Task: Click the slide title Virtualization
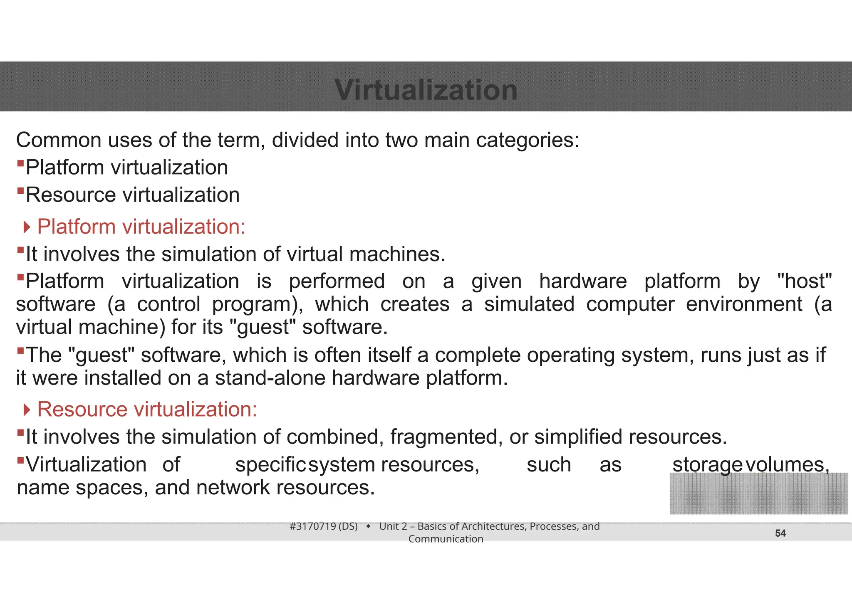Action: (x=426, y=90)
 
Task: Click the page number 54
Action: (x=780, y=533)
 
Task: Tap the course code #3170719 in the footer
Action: (x=312, y=526)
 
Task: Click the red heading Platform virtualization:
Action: (x=141, y=227)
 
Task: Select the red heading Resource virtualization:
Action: (x=147, y=410)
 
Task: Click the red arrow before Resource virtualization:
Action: (x=27, y=410)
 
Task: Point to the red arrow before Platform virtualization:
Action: (x=27, y=227)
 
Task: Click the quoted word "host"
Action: (x=804, y=281)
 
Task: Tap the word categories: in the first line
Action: (x=528, y=140)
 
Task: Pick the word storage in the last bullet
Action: (x=707, y=465)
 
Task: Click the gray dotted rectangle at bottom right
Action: (x=758, y=493)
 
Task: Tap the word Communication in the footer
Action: (x=446, y=539)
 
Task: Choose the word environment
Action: (x=744, y=304)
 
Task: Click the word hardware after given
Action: (x=583, y=281)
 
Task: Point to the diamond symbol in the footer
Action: (x=368, y=527)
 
